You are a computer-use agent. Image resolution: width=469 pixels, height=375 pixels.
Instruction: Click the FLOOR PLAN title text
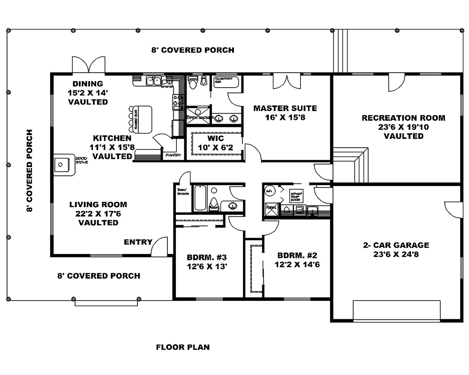tap(182, 347)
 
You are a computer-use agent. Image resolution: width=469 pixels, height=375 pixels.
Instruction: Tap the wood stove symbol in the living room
tap(64, 165)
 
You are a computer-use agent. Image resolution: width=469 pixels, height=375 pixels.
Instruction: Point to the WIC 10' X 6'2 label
tap(215, 143)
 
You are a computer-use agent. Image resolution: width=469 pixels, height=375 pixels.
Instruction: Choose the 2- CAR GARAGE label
tap(396, 250)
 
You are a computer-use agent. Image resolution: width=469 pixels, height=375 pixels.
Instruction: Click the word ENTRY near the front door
tap(138, 242)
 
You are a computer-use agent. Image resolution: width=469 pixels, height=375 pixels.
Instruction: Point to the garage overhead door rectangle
tap(396, 311)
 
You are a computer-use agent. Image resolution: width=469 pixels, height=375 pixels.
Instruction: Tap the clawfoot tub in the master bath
tap(226, 82)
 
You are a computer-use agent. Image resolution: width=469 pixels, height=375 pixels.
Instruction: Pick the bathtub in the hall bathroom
tap(200, 198)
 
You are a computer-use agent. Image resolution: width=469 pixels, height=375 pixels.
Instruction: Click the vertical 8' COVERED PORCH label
tap(30, 171)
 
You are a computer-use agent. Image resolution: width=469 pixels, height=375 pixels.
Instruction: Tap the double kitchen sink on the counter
tap(153, 81)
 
